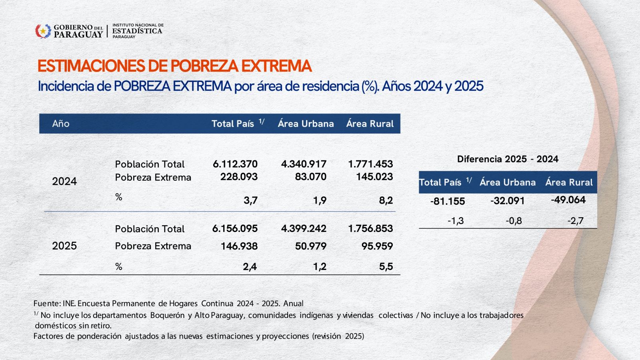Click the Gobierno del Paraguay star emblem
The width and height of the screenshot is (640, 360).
coord(43,31)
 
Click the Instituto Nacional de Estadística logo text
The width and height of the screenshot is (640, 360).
coord(138,31)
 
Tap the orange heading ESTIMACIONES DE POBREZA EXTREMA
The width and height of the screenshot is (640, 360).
coord(174,66)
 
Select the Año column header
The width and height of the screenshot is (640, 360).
coord(61,124)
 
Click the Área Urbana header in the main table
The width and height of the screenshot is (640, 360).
coord(306,124)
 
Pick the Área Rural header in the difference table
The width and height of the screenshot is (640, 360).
coord(569,182)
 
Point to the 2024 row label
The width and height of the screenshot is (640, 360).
coord(64,181)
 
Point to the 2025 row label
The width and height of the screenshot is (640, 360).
coord(64,246)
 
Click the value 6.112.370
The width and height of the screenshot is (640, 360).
coord(235,164)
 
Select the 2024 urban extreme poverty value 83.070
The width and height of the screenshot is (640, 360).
coord(311,177)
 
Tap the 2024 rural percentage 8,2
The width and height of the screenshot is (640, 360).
coord(386,200)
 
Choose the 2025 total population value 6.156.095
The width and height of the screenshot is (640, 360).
coord(235,229)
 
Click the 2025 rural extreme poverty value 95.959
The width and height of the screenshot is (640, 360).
coord(377,246)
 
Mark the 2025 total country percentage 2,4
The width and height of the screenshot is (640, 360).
coord(250,267)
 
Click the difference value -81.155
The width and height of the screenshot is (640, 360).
coord(448,201)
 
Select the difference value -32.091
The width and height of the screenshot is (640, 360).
coord(507,201)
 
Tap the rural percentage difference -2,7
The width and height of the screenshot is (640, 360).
coord(575,221)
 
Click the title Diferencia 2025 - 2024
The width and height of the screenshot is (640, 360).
coord(508,159)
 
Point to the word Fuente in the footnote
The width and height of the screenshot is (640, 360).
coord(47,304)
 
